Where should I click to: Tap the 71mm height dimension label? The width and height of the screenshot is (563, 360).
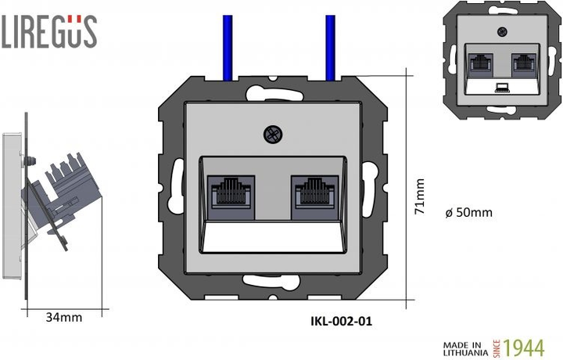pos(420,196)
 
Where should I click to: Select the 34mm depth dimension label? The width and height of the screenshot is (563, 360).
pos(63,317)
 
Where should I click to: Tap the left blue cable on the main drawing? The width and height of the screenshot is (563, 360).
pos(226,47)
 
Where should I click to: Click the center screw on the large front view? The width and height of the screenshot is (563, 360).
pos(273,135)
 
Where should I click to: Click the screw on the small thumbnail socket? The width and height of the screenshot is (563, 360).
pos(500,34)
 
